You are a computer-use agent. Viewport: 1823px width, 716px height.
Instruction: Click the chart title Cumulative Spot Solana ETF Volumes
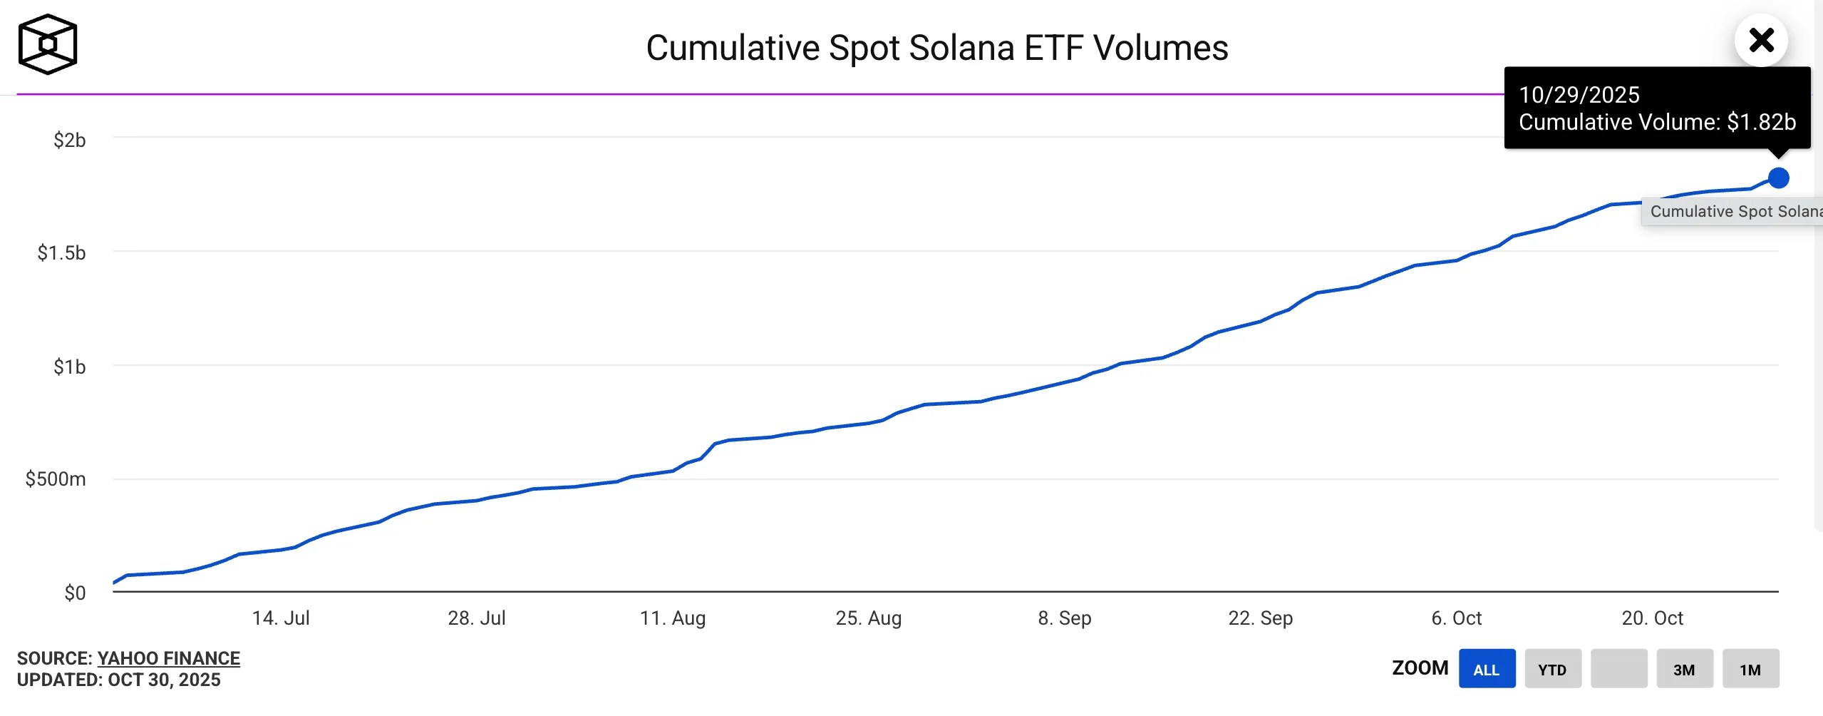[x=936, y=48]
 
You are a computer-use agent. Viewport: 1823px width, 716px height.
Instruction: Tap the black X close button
[x=1761, y=41]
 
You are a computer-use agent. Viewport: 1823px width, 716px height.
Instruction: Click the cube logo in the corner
[x=48, y=44]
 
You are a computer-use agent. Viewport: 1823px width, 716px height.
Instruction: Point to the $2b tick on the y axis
[x=69, y=140]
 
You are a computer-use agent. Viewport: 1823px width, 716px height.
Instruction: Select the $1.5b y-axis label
[x=61, y=252]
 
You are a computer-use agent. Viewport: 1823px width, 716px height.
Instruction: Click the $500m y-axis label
[x=56, y=479]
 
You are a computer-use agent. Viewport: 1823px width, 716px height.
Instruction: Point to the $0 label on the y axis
[x=74, y=593]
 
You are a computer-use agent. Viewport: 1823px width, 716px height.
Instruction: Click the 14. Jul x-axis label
[x=281, y=618]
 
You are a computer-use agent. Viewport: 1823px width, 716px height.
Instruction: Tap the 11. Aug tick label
[x=673, y=618]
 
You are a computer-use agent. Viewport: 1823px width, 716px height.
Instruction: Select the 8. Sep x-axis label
[x=1064, y=618]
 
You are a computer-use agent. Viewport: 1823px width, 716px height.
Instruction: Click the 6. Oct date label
[x=1456, y=618]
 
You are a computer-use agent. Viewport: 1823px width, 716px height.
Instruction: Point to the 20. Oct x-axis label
[x=1652, y=618]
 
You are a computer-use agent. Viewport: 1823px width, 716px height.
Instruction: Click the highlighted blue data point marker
[x=1778, y=178]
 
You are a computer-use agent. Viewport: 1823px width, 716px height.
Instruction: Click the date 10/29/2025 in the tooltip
[x=1579, y=95]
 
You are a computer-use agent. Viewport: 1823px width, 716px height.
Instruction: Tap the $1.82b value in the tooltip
[x=1761, y=122]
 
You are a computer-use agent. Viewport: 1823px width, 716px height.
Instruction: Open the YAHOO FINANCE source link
[x=168, y=658]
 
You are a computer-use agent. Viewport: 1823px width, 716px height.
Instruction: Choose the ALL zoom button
[x=1487, y=669]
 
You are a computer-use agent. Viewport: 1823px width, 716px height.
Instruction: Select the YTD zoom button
[x=1552, y=669]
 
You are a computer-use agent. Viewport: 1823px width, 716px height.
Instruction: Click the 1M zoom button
[x=1750, y=669]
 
